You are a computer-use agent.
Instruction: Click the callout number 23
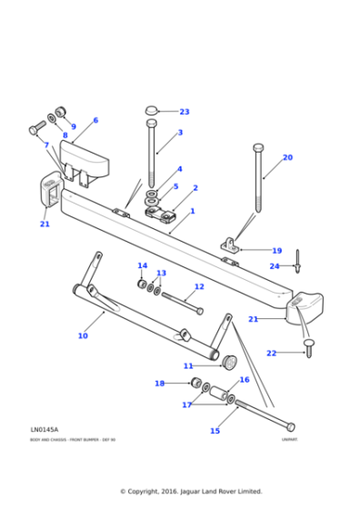pyautogui.click(x=185, y=112)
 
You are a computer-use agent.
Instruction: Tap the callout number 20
pyautogui.click(x=287, y=157)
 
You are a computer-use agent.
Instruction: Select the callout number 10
pyautogui.click(x=83, y=336)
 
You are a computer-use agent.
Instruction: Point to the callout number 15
pyautogui.click(x=215, y=431)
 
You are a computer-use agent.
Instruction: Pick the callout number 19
pyautogui.click(x=277, y=251)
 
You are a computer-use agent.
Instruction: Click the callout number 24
pyautogui.click(x=275, y=266)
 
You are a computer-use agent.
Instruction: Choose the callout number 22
pyautogui.click(x=271, y=353)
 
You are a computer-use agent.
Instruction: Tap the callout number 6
pyautogui.click(x=95, y=120)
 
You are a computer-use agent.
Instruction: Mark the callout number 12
pyautogui.click(x=199, y=286)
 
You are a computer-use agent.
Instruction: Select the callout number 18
pyautogui.click(x=160, y=384)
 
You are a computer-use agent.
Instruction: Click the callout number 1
pyautogui.click(x=192, y=210)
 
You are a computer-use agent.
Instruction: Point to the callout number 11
pyautogui.click(x=188, y=366)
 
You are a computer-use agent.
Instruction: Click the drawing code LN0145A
pyautogui.click(x=44, y=429)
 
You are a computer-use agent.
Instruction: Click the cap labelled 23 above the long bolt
pyautogui.click(x=152, y=111)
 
